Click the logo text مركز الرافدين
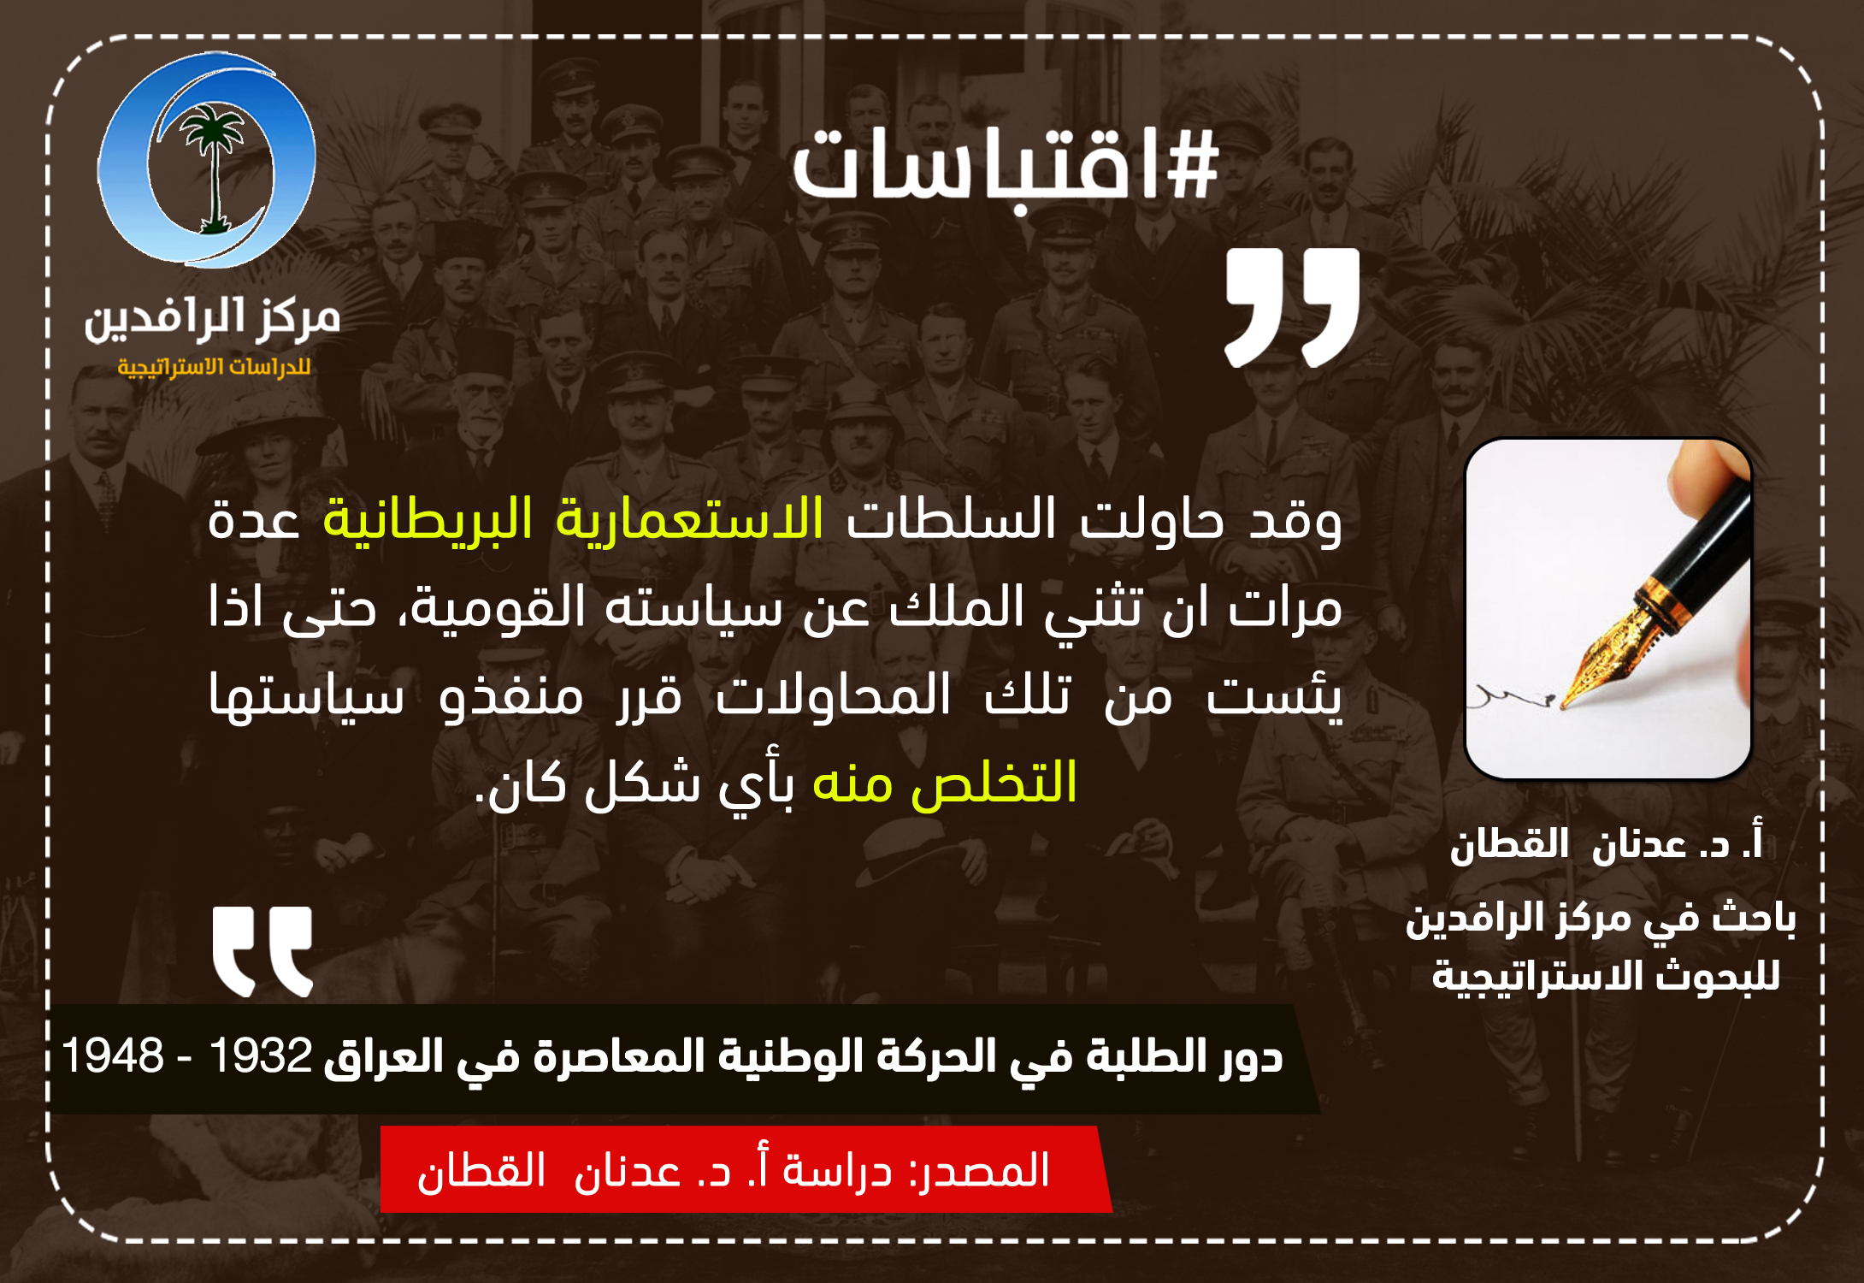(x=212, y=318)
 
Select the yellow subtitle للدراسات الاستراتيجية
(x=214, y=367)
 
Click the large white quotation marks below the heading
(x=1292, y=308)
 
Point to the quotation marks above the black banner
(x=262, y=951)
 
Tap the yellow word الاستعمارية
(x=689, y=518)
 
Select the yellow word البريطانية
(x=428, y=518)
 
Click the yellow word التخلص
(x=994, y=782)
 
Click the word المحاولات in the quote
(x=834, y=695)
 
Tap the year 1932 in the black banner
(x=261, y=1055)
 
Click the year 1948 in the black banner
(x=113, y=1055)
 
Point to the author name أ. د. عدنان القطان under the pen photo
(x=1606, y=845)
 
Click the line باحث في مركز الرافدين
(x=1601, y=919)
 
